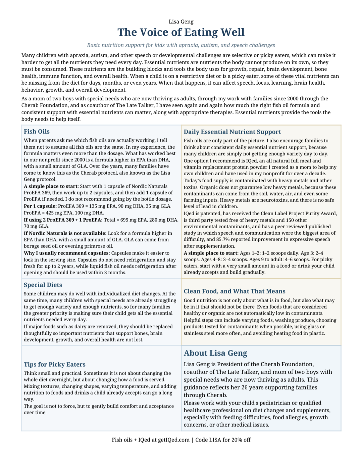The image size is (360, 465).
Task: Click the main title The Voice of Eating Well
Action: tap(181, 32)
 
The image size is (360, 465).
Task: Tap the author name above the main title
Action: tap(181, 22)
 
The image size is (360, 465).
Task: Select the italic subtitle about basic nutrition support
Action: tap(181, 45)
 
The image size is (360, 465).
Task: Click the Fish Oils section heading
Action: tap(37, 132)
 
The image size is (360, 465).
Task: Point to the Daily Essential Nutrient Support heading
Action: tap(232, 132)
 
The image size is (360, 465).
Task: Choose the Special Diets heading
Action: tap(43, 285)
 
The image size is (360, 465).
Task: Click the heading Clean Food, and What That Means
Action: tap(234, 291)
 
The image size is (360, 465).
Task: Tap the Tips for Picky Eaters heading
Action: tap(54, 365)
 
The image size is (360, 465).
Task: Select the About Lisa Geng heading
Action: tap(215, 353)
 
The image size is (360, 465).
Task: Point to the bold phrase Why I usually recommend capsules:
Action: tap(66, 253)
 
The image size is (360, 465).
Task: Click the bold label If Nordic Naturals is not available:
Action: tap(65, 233)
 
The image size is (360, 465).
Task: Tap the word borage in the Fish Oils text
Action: tap(32, 246)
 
